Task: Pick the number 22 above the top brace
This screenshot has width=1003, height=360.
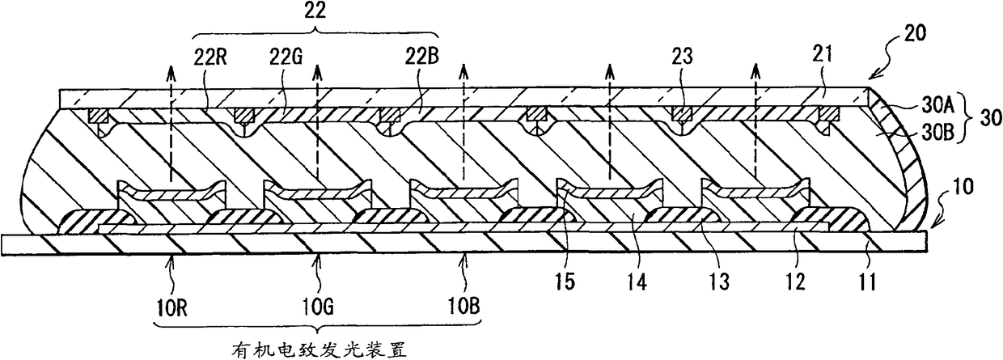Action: pos(315,11)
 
